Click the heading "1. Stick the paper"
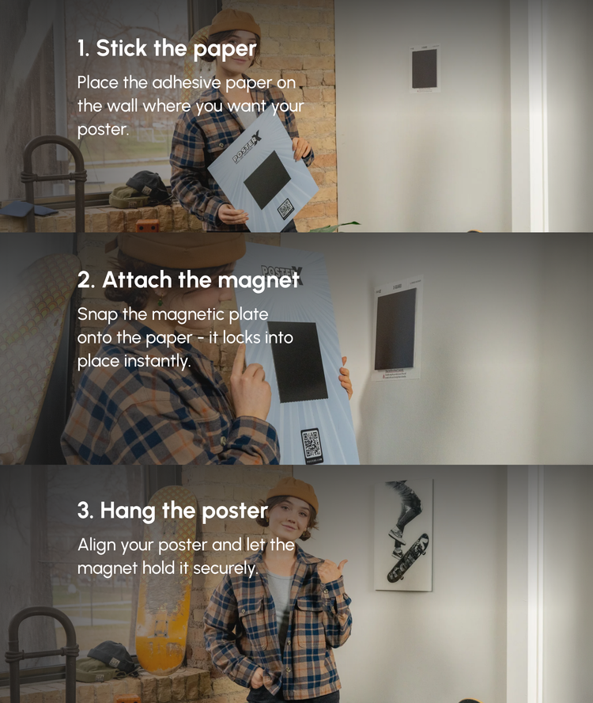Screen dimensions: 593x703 pos(167,49)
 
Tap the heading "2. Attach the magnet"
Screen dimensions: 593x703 pos(188,280)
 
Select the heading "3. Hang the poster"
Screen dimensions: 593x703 pos(172,511)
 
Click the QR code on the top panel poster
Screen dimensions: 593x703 pos(285,208)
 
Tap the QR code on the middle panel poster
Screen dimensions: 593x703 pos(312,445)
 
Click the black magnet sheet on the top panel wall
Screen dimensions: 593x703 pos(424,68)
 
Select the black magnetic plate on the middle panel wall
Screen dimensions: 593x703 pos(395,329)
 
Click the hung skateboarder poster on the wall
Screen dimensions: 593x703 pos(403,536)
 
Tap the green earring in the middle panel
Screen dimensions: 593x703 pos(160,299)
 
